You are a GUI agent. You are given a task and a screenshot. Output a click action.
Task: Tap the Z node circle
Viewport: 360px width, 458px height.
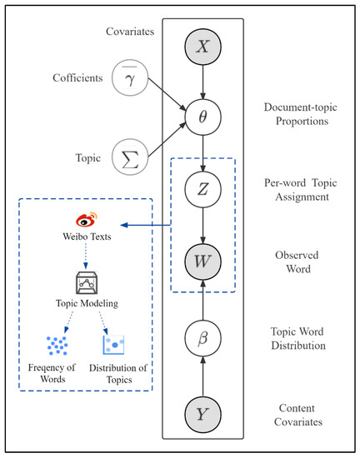coord(202,189)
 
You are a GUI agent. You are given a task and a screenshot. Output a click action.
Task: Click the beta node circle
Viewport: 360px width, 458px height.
coord(202,340)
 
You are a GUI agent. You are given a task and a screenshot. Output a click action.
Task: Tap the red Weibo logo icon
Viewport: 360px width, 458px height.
coord(87,222)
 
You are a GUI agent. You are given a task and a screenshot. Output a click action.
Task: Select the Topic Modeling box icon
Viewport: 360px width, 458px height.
coord(87,283)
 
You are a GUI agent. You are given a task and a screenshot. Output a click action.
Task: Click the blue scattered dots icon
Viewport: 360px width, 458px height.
coord(57,343)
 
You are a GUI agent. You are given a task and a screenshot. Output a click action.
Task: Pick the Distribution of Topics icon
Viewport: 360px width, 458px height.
coord(114,343)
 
